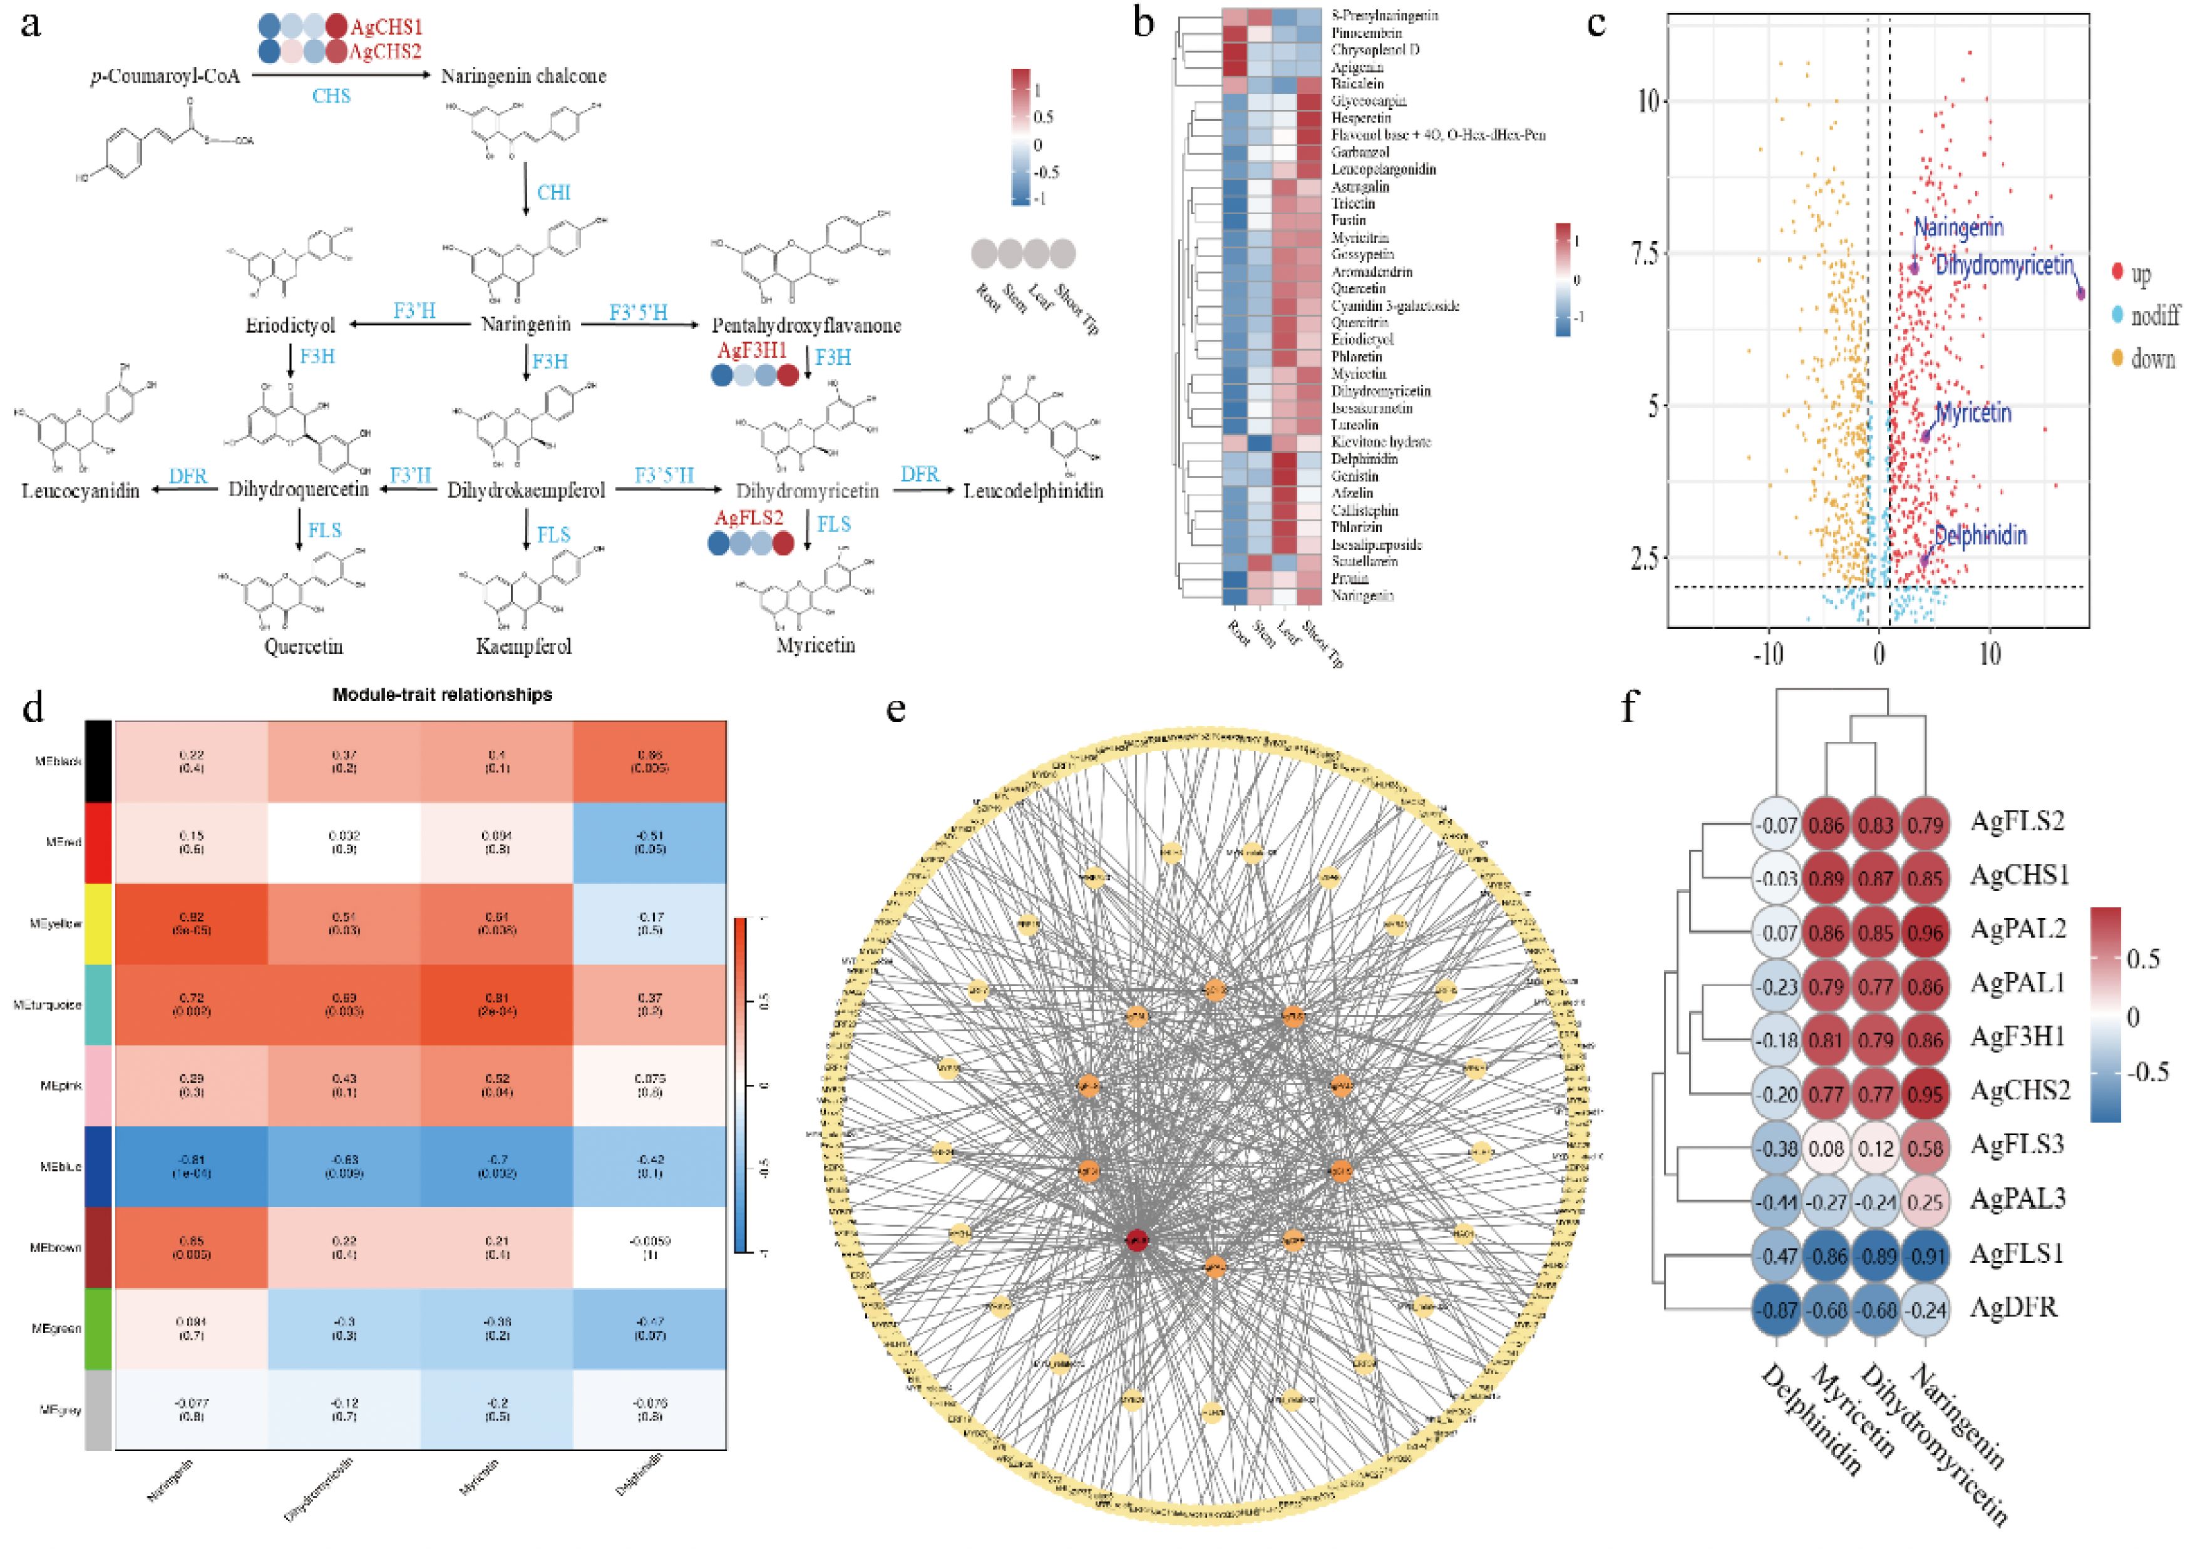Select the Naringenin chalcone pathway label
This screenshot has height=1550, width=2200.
click(x=523, y=76)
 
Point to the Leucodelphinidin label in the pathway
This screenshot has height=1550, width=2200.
click(x=1033, y=491)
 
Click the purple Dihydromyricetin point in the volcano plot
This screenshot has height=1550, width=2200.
click(x=2080, y=292)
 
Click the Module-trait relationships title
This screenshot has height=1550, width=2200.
click(x=442, y=695)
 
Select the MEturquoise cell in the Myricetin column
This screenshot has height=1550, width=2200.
click(x=496, y=1005)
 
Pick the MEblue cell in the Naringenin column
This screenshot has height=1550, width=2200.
click(x=191, y=1166)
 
